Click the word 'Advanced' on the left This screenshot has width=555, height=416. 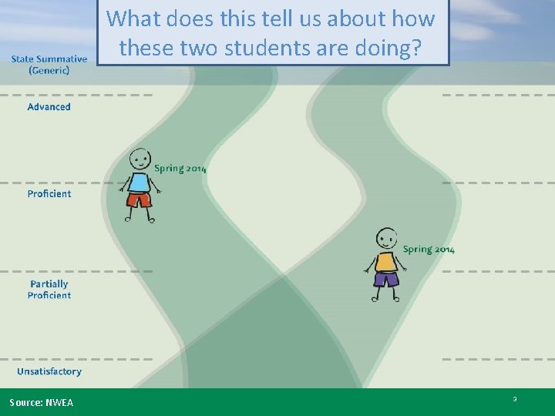coord(49,106)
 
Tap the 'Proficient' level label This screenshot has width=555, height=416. coord(49,193)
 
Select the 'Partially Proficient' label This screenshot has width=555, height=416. coord(50,290)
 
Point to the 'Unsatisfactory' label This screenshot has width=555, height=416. coord(49,371)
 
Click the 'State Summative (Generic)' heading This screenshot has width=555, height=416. coord(49,65)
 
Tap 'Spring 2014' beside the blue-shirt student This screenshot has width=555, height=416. coord(180,169)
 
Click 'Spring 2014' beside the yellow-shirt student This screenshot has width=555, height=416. coord(429,249)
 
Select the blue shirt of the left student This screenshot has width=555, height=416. coord(140,183)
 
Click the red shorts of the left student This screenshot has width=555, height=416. coord(140,200)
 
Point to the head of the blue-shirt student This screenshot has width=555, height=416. coord(140,159)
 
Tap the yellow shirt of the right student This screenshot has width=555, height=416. coord(385,262)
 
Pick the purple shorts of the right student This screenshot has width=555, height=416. coord(385,278)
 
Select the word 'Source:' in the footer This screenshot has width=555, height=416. coord(26,403)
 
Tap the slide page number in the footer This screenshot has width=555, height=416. coord(514,399)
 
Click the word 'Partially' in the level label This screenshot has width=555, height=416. coord(49,284)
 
